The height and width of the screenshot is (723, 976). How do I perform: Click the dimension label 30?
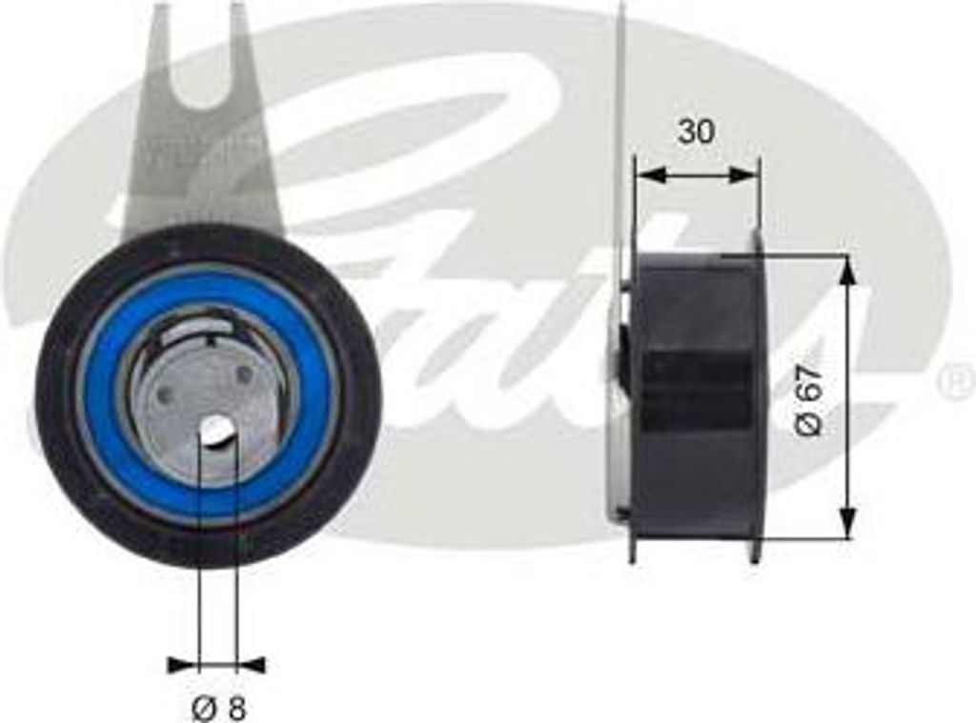(x=696, y=131)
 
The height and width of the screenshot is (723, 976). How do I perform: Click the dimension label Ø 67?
(x=809, y=399)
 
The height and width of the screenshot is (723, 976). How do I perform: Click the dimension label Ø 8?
(x=218, y=708)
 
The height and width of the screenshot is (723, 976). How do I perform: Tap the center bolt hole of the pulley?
(x=217, y=431)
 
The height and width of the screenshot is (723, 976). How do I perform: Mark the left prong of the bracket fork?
(x=159, y=38)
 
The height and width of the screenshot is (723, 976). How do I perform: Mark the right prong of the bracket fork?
(x=240, y=38)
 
